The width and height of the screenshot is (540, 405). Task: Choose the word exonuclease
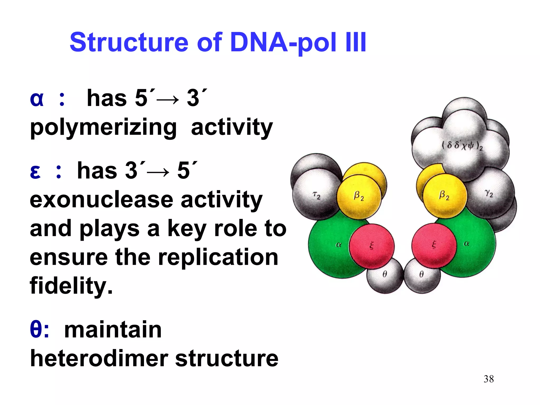[x=101, y=200]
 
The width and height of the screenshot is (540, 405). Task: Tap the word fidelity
[x=71, y=286]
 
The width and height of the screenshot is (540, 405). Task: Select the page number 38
[x=489, y=379]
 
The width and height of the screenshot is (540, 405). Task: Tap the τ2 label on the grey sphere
[x=316, y=195]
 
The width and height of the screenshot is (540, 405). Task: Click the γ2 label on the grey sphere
[x=489, y=194]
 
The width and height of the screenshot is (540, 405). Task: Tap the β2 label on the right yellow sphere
[x=444, y=195]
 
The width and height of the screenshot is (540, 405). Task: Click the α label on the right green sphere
[x=466, y=244]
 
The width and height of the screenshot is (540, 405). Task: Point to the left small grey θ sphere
[x=385, y=275]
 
